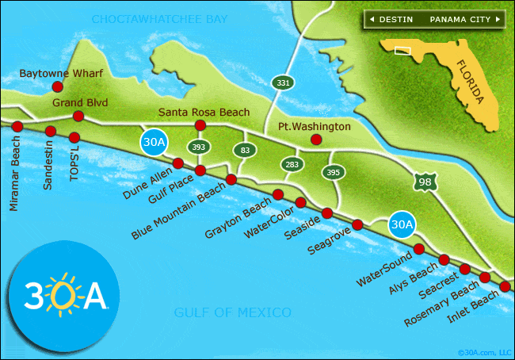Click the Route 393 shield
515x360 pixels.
[197, 147]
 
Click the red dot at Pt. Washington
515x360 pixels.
[316, 140]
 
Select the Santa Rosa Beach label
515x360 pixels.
[204, 112]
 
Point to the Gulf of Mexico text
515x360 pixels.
[233, 312]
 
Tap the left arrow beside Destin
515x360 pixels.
[370, 18]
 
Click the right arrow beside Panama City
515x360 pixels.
[498, 18]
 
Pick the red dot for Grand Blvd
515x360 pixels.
[78, 117]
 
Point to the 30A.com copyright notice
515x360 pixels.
[485, 352]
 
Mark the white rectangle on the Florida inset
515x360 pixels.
[404, 51]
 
